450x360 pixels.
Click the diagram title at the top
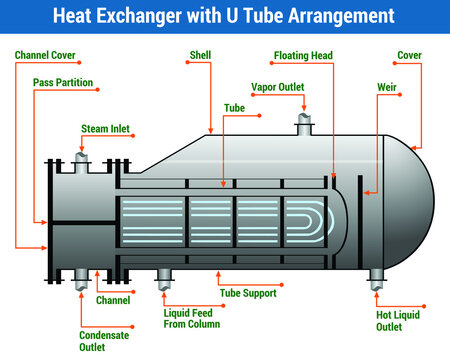(x=224, y=16)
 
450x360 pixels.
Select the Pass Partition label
(x=63, y=82)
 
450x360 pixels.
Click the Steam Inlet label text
(x=105, y=128)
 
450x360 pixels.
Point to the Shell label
(x=200, y=56)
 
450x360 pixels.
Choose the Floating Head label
(x=303, y=56)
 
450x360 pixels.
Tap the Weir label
(x=387, y=87)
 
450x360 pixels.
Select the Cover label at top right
(x=409, y=56)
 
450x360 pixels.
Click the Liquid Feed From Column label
(x=192, y=318)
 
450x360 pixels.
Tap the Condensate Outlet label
(x=105, y=342)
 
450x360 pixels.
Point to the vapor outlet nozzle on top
(x=303, y=125)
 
